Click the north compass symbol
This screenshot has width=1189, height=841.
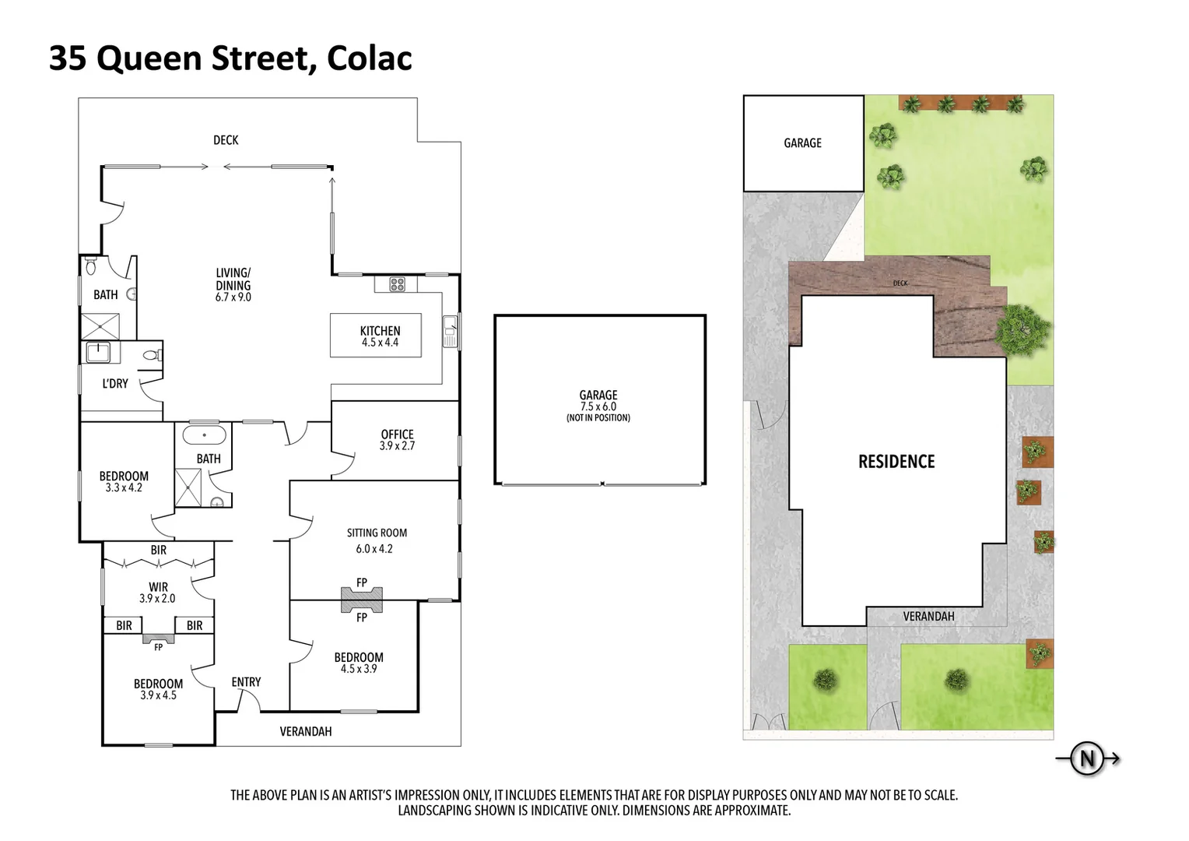click(x=1087, y=758)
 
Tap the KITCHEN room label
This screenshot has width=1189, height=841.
click(x=380, y=336)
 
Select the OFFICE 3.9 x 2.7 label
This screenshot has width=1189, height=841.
click(x=397, y=440)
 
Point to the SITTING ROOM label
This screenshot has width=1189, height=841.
click(x=377, y=533)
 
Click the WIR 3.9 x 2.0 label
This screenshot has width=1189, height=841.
click(x=158, y=593)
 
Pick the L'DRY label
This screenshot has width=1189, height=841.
click(x=115, y=383)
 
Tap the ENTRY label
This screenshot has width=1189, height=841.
click(x=246, y=682)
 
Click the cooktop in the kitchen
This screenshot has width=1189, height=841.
click(x=397, y=284)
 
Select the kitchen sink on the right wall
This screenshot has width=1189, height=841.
click(x=450, y=332)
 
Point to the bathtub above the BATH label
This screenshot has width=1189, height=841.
click(x=204, y=435)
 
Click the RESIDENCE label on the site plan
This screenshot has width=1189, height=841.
click(x=896, y=462)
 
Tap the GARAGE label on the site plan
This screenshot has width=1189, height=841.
click(x=802, y=143)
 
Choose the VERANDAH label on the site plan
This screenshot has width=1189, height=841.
click(x=928, y=617)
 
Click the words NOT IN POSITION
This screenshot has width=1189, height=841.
click(x=598, y=418)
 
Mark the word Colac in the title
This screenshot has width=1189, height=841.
click(x=369, y=58)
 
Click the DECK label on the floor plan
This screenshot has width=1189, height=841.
click(x=226, y=140)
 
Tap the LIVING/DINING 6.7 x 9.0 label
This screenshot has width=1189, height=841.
click(x=233, y=284)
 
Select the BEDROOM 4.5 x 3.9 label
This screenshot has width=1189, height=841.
click(x=359, y=663)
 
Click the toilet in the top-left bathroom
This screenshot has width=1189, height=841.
click(x=91, y=268)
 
